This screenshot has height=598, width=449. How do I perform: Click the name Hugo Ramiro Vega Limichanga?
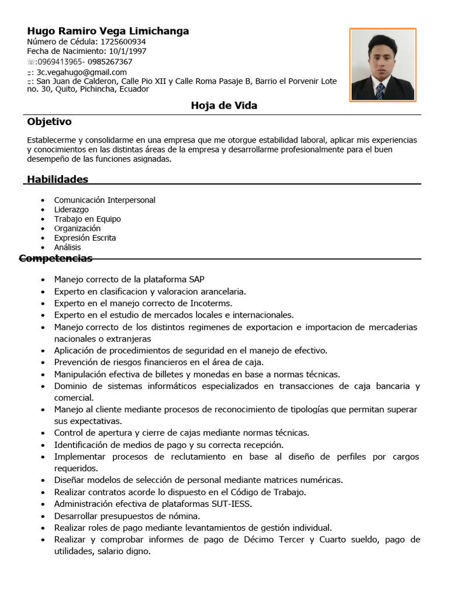(108, 31)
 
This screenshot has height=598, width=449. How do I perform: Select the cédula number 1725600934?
(123, 42)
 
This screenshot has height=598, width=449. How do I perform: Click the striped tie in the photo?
(381, 91)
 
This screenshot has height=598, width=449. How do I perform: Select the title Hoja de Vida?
(224, 106)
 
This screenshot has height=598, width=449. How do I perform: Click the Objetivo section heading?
(49, 121)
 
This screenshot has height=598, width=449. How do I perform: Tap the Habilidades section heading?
(57, 179)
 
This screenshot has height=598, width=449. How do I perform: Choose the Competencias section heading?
(56, 258)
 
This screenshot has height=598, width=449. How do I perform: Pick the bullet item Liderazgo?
(71, 209)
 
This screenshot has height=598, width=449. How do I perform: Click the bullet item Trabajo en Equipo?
(87, 219)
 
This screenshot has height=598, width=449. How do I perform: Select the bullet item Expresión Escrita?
(85, 238)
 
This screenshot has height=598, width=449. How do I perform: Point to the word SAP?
(196, 279)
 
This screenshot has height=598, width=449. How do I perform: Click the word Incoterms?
(211, 303)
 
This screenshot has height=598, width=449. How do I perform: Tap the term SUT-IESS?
(232, 503)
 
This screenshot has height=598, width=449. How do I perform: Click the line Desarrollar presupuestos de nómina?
(127, 516)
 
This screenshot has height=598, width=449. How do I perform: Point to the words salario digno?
(123, 551)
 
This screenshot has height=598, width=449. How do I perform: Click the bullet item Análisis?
(67, 247)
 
